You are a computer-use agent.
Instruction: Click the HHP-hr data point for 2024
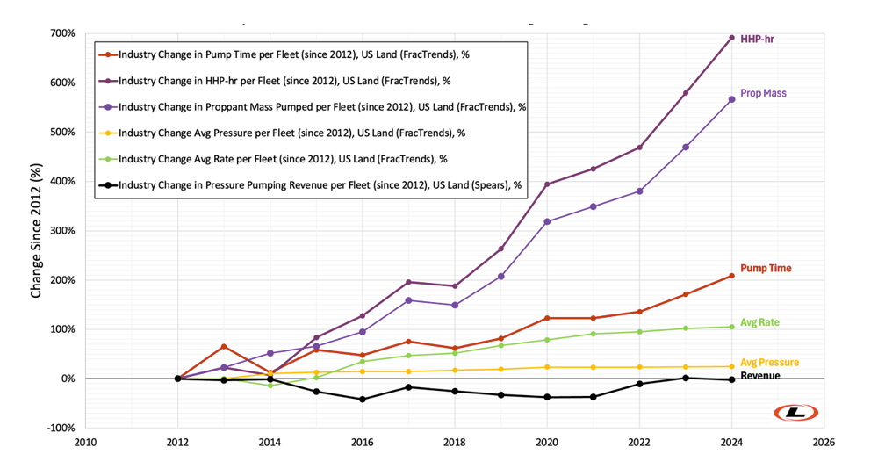[x=731, y=38]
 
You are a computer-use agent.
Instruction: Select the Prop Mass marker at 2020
[x=547, y=221]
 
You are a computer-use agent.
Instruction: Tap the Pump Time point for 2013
[x=224, y=346]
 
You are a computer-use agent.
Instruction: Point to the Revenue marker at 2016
[x=363, y=400]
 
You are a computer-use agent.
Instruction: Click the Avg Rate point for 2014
[x=270, y=386]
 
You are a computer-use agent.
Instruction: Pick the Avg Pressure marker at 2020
[x=547, y=367]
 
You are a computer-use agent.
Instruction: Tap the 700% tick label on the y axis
[x=61, y=33]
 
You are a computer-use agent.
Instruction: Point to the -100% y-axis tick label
[x=59, y=428]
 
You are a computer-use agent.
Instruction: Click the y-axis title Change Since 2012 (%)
[x=36, y=231]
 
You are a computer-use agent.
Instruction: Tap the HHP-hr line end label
[x=757, y=40]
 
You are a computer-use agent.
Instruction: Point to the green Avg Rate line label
[x=759, y=322]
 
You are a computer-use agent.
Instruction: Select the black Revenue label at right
[x=759, y=376]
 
